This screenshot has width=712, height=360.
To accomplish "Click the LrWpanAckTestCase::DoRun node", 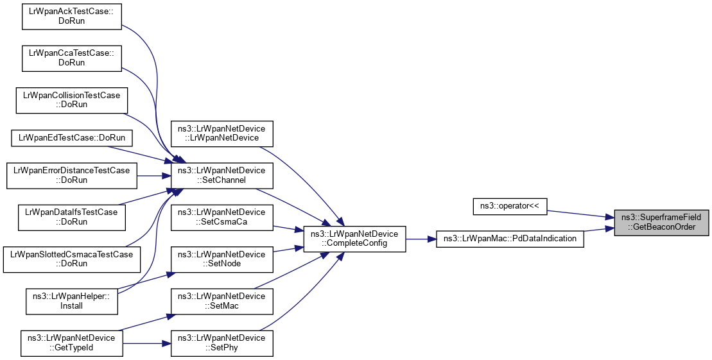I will tap(71, 15).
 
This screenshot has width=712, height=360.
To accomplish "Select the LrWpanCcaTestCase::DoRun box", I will tap(71, 58).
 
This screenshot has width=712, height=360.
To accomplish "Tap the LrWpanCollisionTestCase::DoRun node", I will tap(71, 99).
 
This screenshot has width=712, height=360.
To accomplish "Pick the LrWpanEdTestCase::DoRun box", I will tap(71, 137).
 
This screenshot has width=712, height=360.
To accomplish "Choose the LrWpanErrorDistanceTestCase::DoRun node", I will tap(71, 175).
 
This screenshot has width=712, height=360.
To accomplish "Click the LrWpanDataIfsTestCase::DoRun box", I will tap(71, 217).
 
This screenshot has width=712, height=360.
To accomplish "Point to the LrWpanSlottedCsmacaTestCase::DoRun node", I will tap(71, 259).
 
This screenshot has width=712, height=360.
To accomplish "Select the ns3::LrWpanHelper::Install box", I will tap(71, 301).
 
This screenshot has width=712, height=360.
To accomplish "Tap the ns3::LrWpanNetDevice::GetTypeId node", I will tap(71, 343).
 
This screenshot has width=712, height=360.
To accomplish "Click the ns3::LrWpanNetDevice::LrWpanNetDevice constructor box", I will tap(222, 133).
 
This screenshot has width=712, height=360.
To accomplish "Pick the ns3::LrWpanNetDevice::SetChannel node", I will tap(222, 175).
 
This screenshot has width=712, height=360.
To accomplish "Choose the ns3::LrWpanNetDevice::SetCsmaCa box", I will tap(222, 217).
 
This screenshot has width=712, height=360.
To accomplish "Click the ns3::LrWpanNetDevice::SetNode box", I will tap(222, 259).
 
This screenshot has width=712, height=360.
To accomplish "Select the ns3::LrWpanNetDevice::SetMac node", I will tap(222, 301).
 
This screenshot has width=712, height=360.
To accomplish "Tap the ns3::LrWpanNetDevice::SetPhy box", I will tap(222, 343).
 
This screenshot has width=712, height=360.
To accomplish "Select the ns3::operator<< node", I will tap(509, 206).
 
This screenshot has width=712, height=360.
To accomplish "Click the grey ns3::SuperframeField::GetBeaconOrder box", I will tap(662, 222).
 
